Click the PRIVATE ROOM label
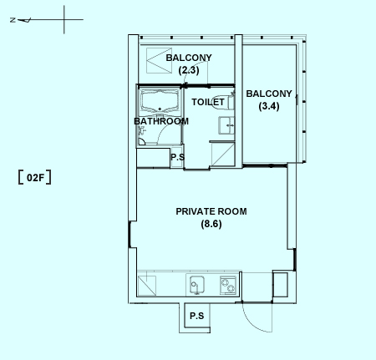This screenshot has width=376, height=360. [211, 211]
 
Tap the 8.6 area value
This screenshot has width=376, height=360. [211, 224]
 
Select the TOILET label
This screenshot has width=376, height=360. [208, 102]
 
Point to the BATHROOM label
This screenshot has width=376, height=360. [161, 121]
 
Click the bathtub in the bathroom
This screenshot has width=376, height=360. [160, 101]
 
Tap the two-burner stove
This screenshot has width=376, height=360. [228, 285]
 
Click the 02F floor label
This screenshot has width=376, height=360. [35, 177]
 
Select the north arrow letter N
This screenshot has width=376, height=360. [13, 20]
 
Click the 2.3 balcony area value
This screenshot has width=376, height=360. [189, 70]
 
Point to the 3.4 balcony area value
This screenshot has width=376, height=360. [269, 106]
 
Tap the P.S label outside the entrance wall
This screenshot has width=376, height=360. [197, 316]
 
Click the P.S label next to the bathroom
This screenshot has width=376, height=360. [177, 157]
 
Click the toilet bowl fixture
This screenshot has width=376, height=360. [231, 102]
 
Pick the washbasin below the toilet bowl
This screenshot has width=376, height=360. [226, 125]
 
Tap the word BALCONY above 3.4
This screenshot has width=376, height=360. [269, 94]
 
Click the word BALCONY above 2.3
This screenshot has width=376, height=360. [189, 58]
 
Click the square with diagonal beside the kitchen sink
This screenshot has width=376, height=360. [147, 286]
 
